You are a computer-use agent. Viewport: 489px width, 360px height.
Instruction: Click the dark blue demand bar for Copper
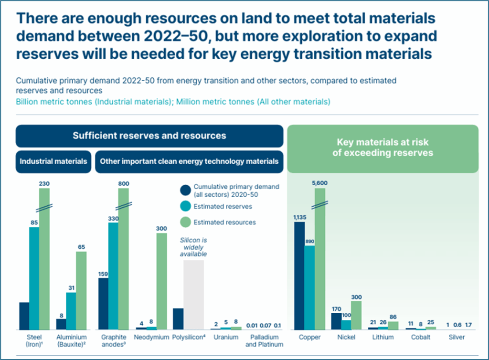click(x=299, y=276)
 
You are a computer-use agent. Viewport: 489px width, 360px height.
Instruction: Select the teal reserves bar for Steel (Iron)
click(x=34, y=278)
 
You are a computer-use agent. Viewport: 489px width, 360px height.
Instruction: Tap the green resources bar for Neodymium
click(x=161, y=281)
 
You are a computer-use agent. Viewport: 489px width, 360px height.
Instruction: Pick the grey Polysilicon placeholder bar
click(x=194, y=295)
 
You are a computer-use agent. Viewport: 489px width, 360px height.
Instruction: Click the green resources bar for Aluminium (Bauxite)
click(x=81, y=290)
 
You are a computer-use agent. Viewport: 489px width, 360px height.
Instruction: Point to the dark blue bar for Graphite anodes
click(x=104, y=304)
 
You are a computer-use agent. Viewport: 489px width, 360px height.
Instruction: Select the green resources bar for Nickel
click(x=356, y=316)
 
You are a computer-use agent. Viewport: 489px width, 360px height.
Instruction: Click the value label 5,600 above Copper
click(x=319, y=183)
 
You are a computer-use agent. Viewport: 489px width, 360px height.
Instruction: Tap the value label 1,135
click(x=300, y=217)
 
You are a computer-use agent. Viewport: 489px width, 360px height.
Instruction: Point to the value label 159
click(x=103, y=274)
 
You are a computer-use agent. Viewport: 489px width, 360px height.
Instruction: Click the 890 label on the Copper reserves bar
click(x=309, y=241)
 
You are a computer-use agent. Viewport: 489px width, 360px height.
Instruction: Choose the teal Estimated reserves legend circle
click(x=186, y=206)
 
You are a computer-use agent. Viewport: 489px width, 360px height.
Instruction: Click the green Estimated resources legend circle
click(x=186, y=222)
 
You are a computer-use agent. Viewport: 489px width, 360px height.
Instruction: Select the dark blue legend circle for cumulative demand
click(x=186, y=190)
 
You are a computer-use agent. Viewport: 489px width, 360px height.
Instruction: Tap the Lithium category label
click(x=383, y=337)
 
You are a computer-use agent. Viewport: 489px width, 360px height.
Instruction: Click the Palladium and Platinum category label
click(x=264, y=341)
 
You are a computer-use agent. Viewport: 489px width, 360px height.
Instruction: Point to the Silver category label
click(x=457, y=337)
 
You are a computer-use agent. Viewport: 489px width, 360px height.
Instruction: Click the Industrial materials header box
click(x=53, y=161)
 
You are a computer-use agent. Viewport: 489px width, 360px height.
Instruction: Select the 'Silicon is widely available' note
click(x=193, y=247)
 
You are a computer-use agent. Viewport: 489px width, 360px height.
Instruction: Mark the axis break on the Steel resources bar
click(x=44, y=208)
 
